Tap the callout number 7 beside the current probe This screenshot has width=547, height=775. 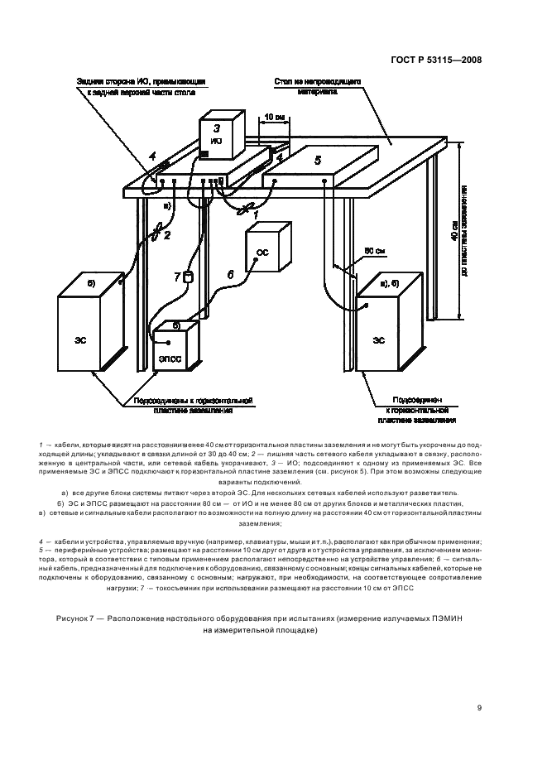[175, 277]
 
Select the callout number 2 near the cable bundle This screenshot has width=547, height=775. [166, 235]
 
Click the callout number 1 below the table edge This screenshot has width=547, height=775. [256, 214]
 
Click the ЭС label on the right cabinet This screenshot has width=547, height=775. [378, 339]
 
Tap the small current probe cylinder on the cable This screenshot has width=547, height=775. [188, 277]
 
